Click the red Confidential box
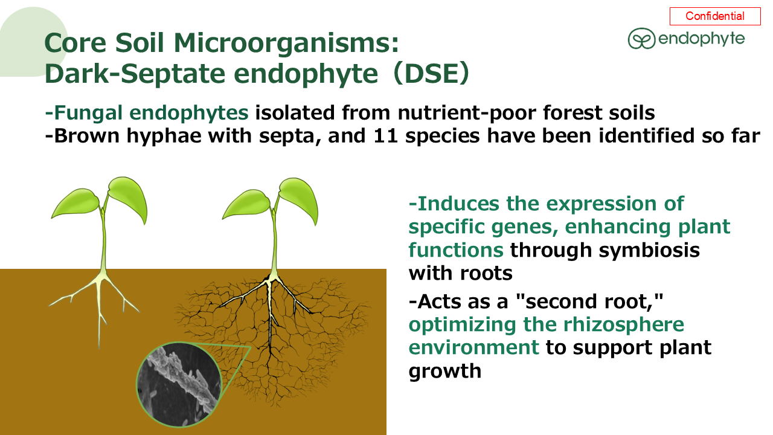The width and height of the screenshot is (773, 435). (715, 16)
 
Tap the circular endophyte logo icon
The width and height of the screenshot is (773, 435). (641, 38)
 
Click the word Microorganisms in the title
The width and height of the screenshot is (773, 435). (286, 43)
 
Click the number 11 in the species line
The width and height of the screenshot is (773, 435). (386, 136)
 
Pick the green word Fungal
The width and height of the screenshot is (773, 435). (88, 112)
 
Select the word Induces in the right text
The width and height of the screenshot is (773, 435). (458, 204)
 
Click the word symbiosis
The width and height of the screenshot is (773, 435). (649, 250)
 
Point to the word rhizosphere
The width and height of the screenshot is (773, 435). (624, 325)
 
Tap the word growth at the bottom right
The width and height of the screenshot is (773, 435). (445, 372)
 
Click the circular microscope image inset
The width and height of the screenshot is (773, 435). (179, 384)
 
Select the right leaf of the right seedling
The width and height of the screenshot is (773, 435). (299, 199)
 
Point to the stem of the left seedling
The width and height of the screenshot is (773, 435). (103, 242)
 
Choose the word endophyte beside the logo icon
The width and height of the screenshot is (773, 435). (702, 39)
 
